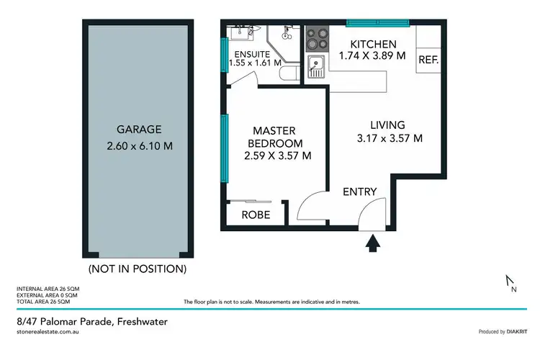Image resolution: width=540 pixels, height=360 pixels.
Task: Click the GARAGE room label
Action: pos(138,130)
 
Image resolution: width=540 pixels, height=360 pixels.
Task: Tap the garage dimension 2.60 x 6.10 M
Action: pos(138,146)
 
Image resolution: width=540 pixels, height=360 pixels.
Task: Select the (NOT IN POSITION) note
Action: pos(137,269)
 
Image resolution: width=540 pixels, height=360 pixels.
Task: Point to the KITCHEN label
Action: pos(372,42)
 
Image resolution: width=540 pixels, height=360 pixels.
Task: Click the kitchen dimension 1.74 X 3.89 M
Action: pos(372,55)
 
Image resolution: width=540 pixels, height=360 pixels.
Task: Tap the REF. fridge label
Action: pos(428,60)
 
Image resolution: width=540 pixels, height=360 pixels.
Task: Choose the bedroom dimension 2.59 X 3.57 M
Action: pos(277,155)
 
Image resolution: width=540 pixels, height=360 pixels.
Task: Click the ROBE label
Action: pos(256,215)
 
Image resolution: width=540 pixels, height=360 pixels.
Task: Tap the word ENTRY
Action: pos(359,192)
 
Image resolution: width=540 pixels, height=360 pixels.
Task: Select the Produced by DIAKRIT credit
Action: pos(503,331)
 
